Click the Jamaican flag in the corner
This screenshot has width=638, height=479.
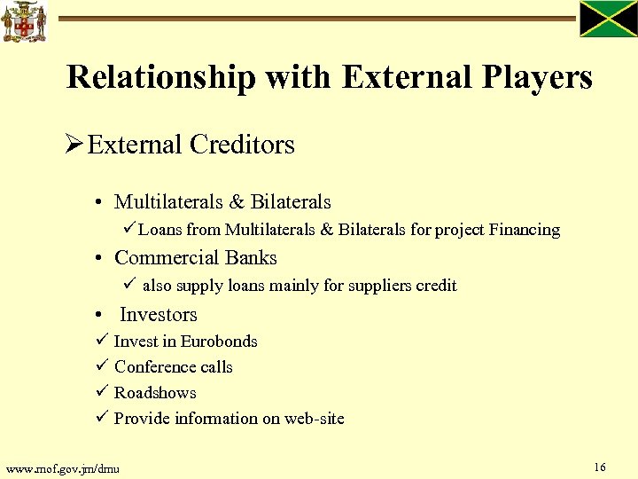coord(608,19)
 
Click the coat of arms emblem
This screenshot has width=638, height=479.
coord(23,22)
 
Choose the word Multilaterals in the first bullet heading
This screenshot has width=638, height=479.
coord(168,202)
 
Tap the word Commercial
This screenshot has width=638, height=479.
coord(164,258)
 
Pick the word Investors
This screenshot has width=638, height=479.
coord(158,315)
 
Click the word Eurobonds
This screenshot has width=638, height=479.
coord(219,342)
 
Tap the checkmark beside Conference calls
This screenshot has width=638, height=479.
coord(101,366)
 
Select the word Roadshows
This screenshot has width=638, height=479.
coord(155,393)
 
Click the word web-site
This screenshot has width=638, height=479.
coord(314,419)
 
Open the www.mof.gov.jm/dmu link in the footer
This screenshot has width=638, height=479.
coord(62,467)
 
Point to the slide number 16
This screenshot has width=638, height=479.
coord(600,467)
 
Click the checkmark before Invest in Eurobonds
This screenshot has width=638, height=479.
coord(101,341)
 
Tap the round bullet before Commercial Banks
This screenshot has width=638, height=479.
coord(102,259)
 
